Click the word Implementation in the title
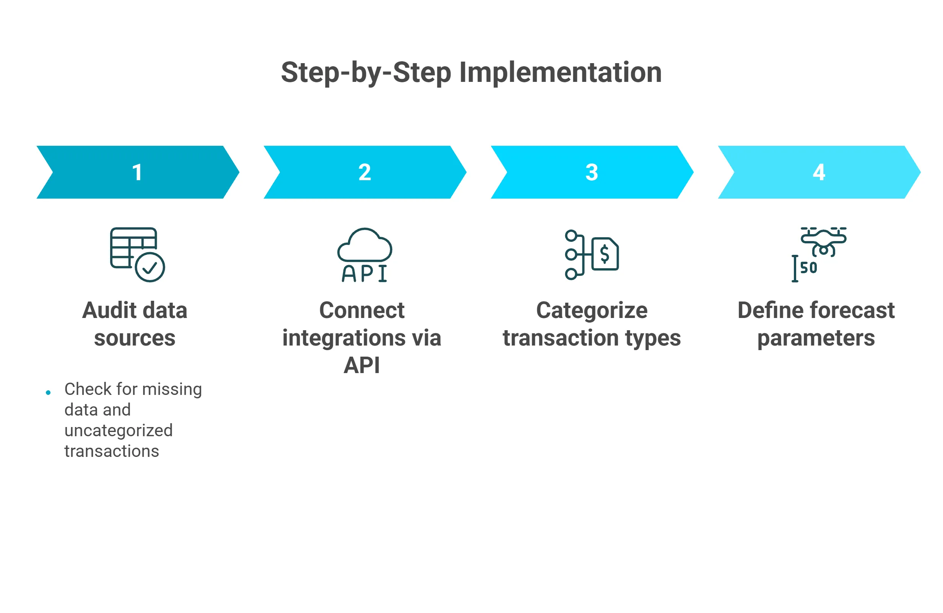560,73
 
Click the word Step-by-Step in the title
366,73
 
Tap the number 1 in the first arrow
137,173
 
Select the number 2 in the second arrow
364,173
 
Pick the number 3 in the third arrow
592,173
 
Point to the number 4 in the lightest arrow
819,173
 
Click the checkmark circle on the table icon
150,267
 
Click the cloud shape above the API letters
365,245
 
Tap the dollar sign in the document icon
605,254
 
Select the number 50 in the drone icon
809,268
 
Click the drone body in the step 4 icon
823,239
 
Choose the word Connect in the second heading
362,310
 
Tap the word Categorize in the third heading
592,310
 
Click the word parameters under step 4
816,338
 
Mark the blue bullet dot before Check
48,393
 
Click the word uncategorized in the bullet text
119,430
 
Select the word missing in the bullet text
172,390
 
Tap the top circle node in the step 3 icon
571,236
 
